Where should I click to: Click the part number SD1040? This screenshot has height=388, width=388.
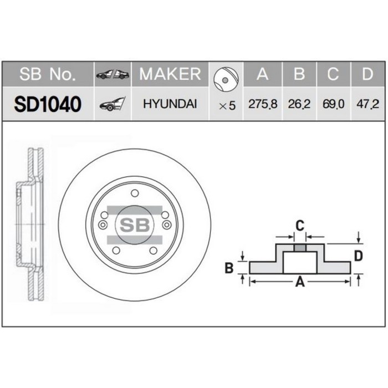pyautogui.click(x=48, y=104)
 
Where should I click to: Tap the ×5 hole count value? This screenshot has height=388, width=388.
pyautogui.click(x=227, y=105)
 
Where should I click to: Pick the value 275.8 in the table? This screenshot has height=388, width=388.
pyautogui.click(x=262, y=104)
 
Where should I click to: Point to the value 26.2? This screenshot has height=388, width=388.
pyautogui.click(x=299, y=104)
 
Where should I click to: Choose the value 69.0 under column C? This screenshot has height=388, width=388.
pyautogui.click(x=333, y=104)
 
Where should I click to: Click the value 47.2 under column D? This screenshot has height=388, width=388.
pyautogui.click(x=367, y=104)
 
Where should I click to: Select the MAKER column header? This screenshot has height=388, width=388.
pyautogui.click(x=170, y=74)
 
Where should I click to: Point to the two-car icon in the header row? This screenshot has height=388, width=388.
pyautogui.click(x=113, y=75)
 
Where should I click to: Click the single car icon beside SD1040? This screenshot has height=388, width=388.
pyautogui.click(x=112, y=104)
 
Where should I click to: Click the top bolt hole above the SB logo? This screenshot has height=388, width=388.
pyautogui.click(x=134, y=193)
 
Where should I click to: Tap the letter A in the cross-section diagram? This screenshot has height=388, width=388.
pyautogui.click(x=300, y=282)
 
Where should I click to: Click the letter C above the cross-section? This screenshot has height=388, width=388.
pyautogui.click(x=299, y=225)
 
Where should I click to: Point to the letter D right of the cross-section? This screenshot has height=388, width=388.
pyautogui.click(x=358, y=256)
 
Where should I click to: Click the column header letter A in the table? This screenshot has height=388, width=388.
pyautogui.click(x=262, y=74)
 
